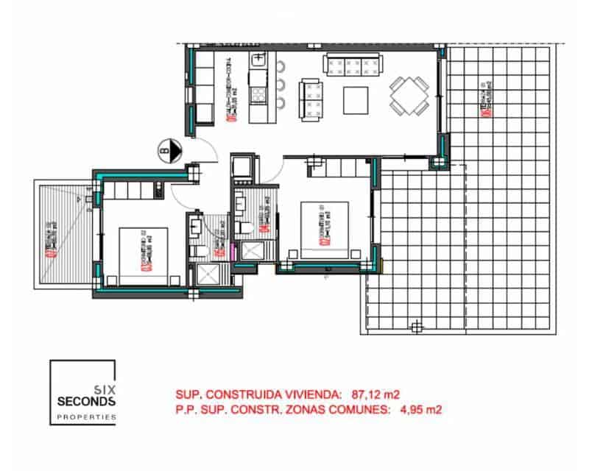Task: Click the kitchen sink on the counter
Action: [258, 60]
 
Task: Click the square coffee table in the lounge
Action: [357, 100]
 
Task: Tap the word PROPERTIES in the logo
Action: [86, 417]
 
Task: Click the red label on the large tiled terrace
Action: [484, 99]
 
